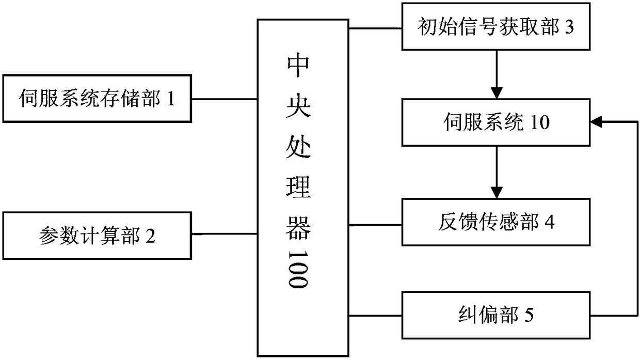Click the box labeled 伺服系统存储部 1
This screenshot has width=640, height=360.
[x=98, y=98]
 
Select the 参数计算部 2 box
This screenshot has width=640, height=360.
[x=98, y=236]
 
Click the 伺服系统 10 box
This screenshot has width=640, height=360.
[x=496, y=123]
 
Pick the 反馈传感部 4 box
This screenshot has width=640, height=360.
[x=496, y=223]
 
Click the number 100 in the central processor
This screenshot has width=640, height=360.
[x=298, y=269]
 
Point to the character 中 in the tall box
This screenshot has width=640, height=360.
[x=298, y=67]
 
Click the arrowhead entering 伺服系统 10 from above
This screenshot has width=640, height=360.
[x=496, y=95]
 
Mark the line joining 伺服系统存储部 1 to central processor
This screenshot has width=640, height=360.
[x=225, y=98]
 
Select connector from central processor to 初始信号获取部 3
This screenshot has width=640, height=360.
[x=376, y=27]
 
